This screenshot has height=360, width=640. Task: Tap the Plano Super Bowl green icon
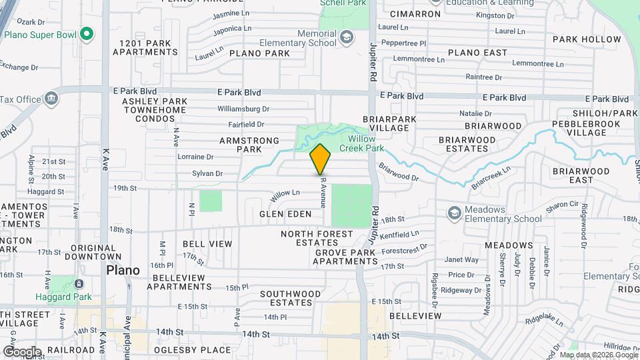tap(85, 33)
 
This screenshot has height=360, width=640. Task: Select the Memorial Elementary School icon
tap(346, 37)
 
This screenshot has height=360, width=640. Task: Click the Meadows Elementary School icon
tap(455, 213)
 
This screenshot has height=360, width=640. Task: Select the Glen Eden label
tap(286, 214)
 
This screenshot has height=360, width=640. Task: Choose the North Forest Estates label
tap(317, 238)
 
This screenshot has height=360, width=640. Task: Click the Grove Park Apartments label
tap(347, 257)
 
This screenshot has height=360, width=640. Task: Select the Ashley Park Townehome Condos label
tap(155, 110)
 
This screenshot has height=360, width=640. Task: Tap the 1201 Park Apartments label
tap(149, 47)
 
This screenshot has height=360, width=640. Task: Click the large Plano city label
tap(123, 270)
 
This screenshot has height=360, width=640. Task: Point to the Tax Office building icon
tap(51, 99)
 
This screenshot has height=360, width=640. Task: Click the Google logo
tap(21, 351)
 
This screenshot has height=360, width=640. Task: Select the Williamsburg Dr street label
tap(243, 109)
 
